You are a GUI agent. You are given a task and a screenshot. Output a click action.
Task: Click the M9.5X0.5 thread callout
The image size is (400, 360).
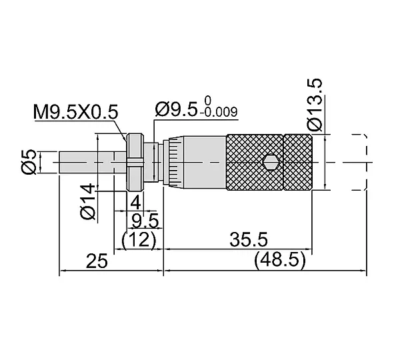tap(76, 112)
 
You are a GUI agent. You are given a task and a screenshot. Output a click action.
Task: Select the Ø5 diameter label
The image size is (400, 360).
tap(29, 162)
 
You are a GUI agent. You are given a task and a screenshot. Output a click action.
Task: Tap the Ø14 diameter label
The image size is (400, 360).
tap(87, 201)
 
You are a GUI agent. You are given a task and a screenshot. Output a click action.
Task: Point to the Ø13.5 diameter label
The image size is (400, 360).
tap(315, 105)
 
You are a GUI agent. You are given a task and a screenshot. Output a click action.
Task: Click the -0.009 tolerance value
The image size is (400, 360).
tap(219, 112)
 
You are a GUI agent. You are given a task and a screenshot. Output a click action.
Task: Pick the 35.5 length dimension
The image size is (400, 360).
tap(249, 239)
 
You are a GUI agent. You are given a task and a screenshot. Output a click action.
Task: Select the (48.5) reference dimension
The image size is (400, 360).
tap(279, 259)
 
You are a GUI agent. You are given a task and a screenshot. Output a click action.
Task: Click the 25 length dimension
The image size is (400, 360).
tap(97, 261)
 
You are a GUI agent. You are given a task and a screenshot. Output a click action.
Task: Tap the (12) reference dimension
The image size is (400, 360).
tap(139, 240)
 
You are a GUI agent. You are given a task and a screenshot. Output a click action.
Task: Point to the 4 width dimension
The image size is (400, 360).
tap(135, 203)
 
